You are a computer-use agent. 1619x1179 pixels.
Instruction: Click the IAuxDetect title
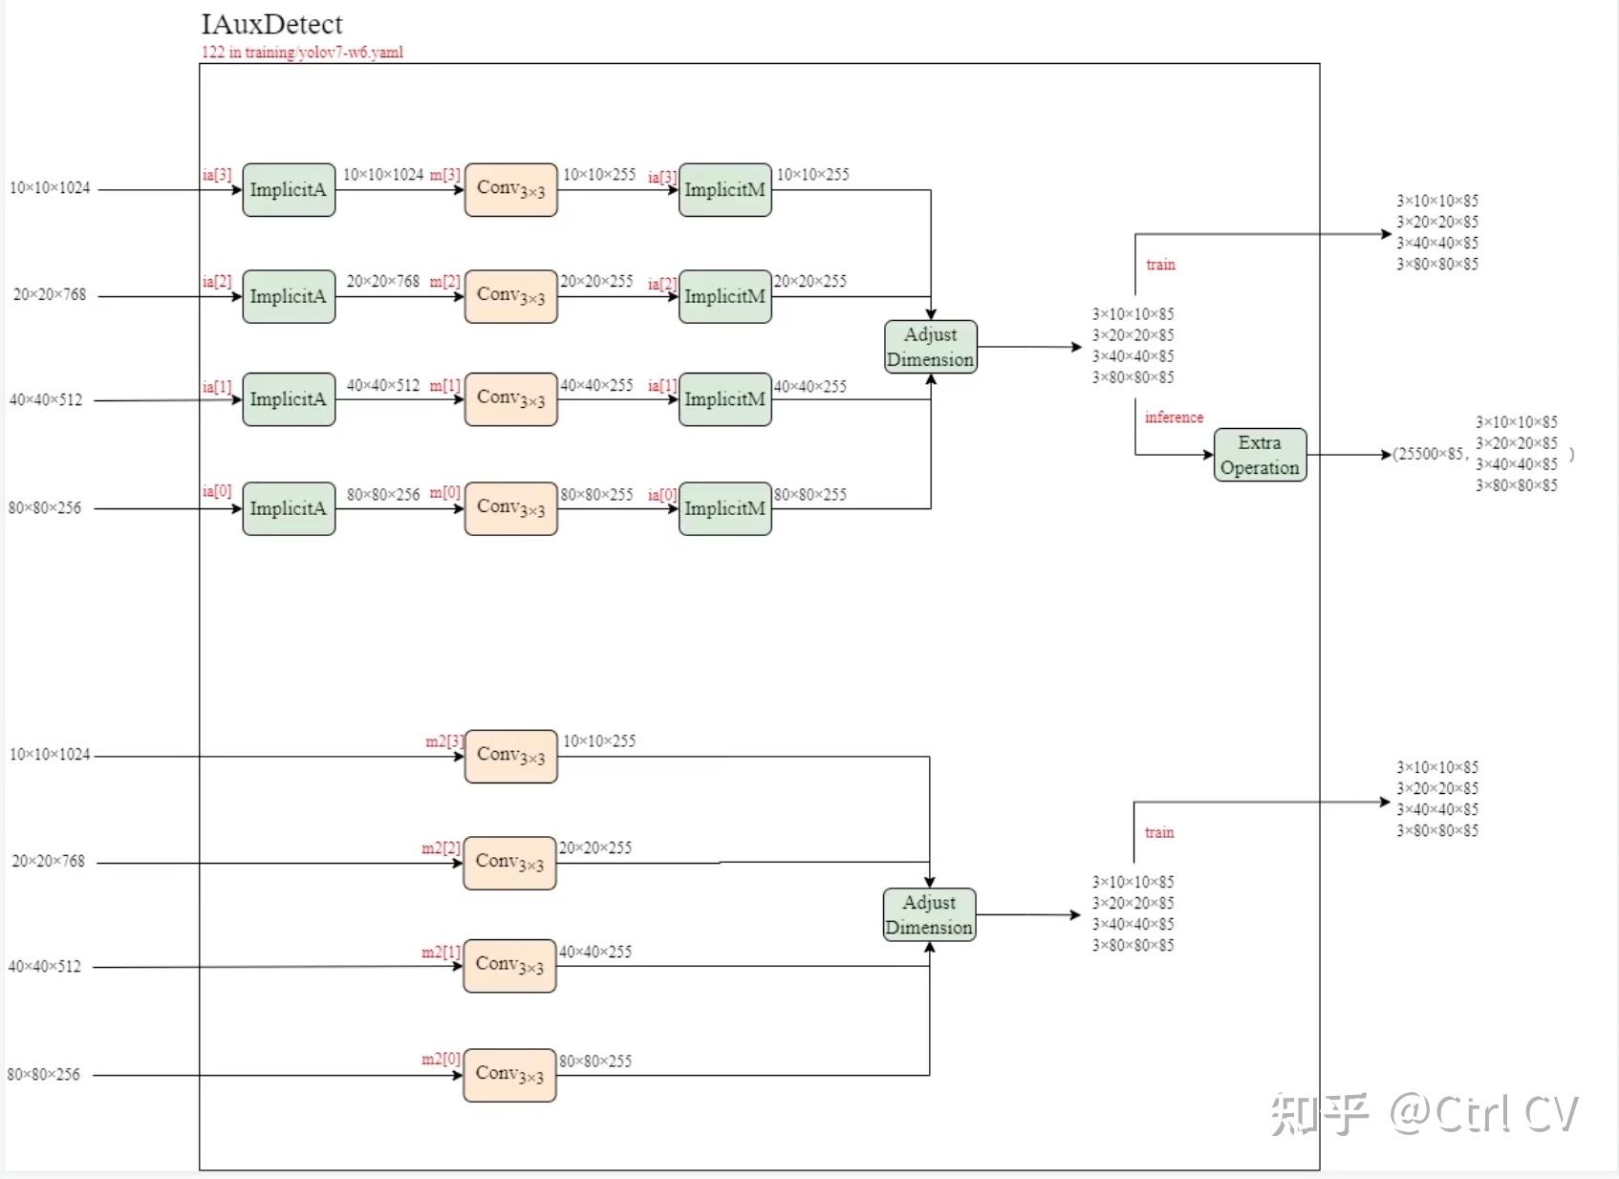click(271, 25)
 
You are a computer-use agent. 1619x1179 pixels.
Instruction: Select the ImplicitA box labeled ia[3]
click(289, 190)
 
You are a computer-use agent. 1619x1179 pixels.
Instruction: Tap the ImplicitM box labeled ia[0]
click(725, 508)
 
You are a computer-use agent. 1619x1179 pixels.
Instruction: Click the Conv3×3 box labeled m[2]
click(511, 296)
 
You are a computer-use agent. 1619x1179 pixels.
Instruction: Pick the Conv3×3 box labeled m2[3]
click(511, 757)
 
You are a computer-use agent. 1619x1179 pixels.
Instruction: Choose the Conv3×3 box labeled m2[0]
click(509, 1075)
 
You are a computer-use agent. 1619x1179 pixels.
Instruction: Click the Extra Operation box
click(1260, 455)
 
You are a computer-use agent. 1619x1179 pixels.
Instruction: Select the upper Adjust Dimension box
click(931, 347)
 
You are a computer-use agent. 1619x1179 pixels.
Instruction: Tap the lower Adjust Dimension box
click(930, 914)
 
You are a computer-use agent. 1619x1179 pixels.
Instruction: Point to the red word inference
click(1174, 418)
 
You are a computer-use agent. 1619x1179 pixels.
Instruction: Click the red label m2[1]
click(441, 953)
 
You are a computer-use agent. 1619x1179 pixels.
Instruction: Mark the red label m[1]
click(444, 386)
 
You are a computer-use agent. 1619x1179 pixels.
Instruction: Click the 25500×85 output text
click(1430, 454)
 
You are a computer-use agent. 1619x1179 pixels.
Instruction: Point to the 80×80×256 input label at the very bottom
click(44, 1074)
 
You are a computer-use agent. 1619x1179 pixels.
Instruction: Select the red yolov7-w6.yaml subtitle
click(302, 52)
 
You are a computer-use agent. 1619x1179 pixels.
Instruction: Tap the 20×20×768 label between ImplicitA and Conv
click(383, 281)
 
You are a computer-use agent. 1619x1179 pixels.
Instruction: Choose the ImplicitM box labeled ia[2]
click(725, 296)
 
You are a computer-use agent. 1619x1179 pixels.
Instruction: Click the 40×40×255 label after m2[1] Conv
click(595, 953)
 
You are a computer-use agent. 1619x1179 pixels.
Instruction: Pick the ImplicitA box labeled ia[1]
click(289, 399)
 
